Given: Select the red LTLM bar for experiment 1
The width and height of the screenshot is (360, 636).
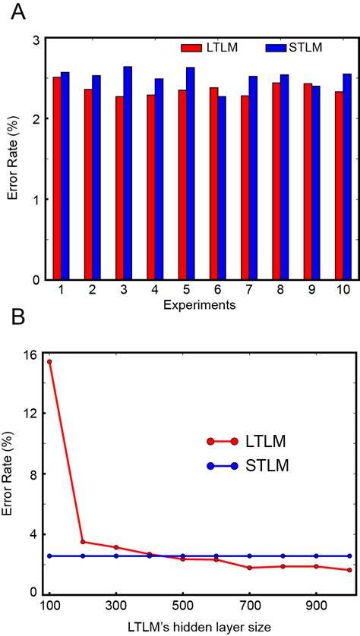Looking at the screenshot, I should click(x=57, y=178).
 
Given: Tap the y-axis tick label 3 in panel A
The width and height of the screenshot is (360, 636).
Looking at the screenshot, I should click(x=36, y=39).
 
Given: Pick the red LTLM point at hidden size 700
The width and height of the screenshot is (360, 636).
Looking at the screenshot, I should click(x=250, y=568).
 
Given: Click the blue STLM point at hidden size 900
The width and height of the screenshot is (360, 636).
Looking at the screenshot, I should click(x=317, y=556).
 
